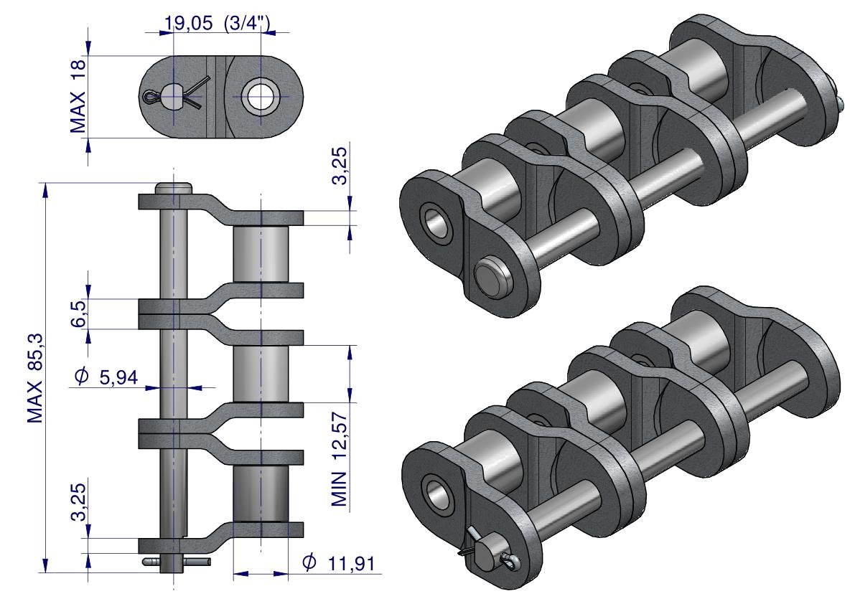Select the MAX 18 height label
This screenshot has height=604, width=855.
tap(78, 96)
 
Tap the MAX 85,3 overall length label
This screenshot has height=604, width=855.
tap(35, 378)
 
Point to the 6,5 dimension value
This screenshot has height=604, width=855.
tap(78, 314)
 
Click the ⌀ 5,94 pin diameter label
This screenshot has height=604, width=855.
tap(106, 377)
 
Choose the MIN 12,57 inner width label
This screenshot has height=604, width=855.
tap(339, 459)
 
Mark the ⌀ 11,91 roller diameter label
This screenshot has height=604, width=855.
tap(339, 562)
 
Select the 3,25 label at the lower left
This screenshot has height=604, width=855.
tap(78, 501)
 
